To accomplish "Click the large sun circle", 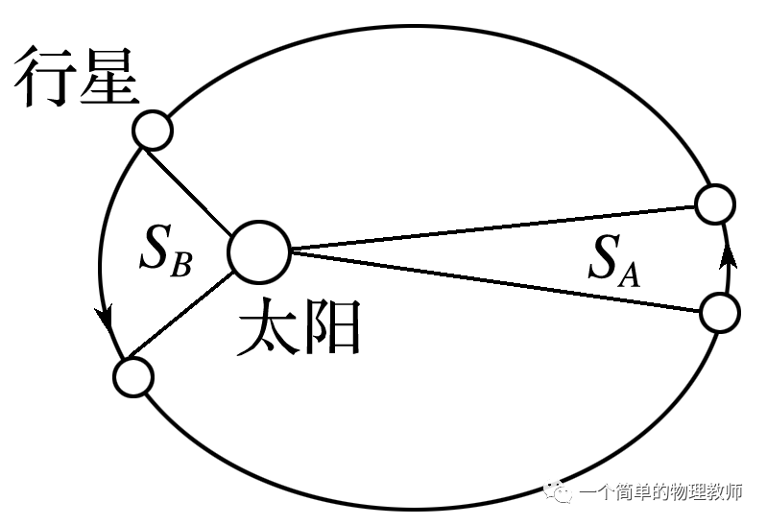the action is [x=259, y=252].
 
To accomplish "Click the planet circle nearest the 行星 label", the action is [x=152, y=130].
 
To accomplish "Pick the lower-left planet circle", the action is [x=133, y=377].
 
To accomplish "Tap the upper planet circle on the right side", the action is [x=715, y=204].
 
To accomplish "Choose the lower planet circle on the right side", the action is [x=720, y=312].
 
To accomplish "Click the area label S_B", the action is [x=166, y=251].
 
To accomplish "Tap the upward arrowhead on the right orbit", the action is [x=728, y=255].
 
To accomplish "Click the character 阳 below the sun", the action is [x=331, y=327].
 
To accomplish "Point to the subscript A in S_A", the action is [x=630, y=274].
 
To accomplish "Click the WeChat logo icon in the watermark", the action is [x=559, y=492].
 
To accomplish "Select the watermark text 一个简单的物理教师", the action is [x=660, y=493].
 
